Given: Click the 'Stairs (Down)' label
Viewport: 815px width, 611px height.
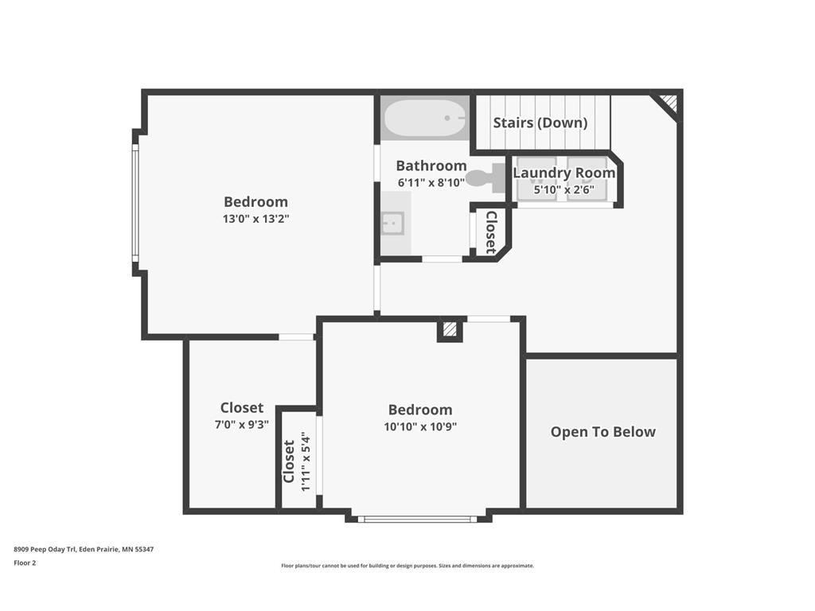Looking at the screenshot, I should coord(540,123).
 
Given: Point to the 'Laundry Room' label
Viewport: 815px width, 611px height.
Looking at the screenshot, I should coord(563,173).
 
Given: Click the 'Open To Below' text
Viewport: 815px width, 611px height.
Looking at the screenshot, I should coord(602,432).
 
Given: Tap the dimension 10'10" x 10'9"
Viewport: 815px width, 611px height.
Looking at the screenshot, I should coord(419,426).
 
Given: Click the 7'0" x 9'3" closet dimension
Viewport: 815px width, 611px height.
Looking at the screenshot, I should coord(242,425).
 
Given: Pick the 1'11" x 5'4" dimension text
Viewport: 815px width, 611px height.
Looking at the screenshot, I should coord(306,462).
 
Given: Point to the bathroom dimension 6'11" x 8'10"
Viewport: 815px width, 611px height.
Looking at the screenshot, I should coord(431,182).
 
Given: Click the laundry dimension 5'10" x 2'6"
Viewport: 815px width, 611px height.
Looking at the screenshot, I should coord(563,189).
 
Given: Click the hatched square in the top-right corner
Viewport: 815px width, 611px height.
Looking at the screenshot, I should coord(668,103).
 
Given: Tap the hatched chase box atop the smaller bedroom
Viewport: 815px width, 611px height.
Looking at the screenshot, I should coord(450,329).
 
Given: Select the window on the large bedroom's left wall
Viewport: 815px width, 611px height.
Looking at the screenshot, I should coord(135,203).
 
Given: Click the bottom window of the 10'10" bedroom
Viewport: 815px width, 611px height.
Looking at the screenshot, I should coord(417,519).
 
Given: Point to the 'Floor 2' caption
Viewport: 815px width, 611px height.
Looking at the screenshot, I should coord(25,562).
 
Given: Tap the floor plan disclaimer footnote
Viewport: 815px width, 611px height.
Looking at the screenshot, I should coord(407,566).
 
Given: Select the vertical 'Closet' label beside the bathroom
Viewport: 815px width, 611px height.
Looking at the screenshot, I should coord(491,232).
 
